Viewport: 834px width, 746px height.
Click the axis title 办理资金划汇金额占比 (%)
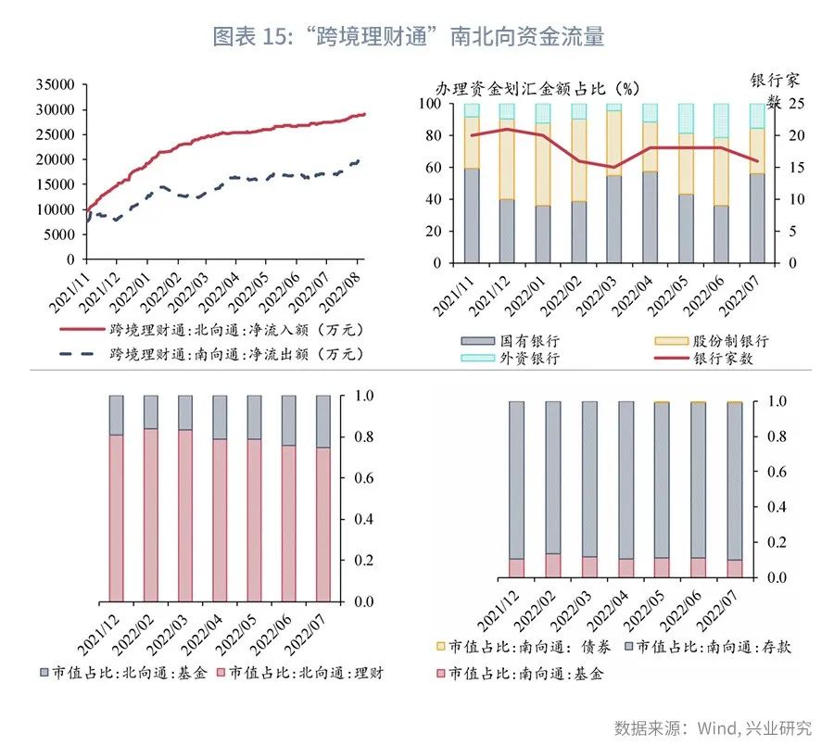(x=537, y=89)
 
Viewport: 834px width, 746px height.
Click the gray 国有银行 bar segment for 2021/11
(x=472, y=216)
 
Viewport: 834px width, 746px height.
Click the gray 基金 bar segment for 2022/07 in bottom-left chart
(x=322, y=421)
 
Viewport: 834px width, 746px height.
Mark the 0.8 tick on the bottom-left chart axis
(x=365, y=437)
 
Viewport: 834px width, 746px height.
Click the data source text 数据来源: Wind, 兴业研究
(x=713, y=727)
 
